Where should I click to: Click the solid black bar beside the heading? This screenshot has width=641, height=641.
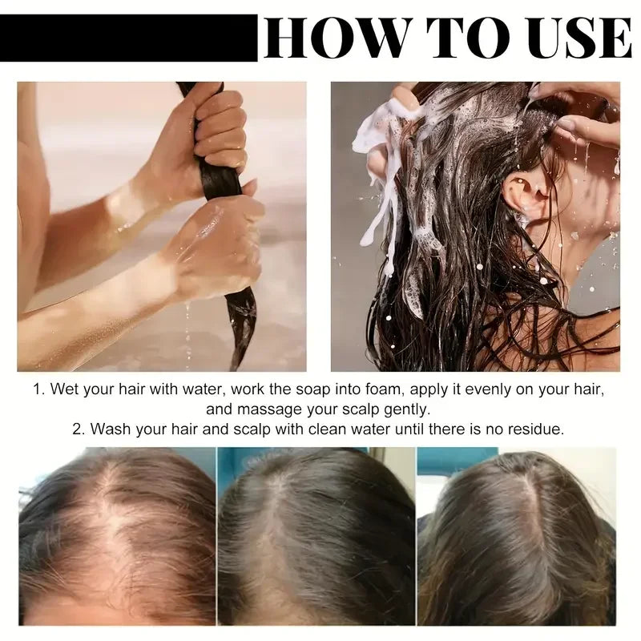click(129, 38)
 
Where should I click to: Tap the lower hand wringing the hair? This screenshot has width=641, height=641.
click(216, 245)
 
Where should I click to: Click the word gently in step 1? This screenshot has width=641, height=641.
click(406, 409)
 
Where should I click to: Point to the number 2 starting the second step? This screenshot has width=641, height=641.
click(78, 429)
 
